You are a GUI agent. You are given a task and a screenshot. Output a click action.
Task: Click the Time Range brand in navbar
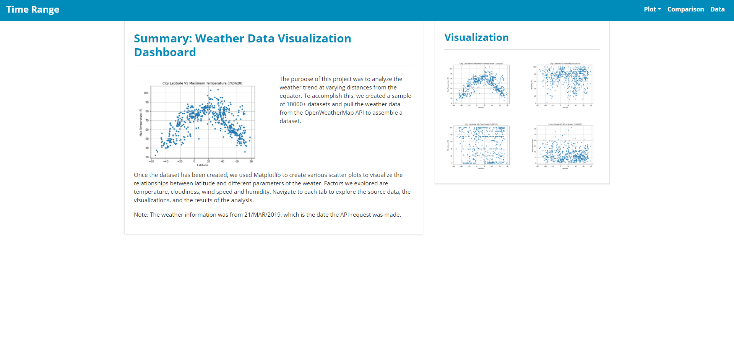(32, 10)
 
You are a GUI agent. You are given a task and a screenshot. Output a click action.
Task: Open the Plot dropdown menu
(652, 9)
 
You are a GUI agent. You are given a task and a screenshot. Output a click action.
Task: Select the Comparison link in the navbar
(685, 9)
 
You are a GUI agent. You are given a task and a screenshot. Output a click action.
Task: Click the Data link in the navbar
(717, 9)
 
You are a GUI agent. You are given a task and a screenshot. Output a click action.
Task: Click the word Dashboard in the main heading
(165, 52)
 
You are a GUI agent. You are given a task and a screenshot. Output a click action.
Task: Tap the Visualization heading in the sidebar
(476, 37)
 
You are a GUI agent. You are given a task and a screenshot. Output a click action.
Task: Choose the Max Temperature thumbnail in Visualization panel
(481, 85)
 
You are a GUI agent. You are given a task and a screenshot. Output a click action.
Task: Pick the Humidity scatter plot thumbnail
(564, 85)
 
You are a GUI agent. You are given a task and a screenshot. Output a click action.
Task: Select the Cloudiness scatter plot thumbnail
(481, 146)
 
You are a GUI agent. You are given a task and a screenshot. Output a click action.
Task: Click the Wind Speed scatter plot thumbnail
(564, 146)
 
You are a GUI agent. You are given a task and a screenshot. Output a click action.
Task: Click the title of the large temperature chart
(202, 83)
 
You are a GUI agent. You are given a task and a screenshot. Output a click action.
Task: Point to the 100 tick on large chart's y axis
(146, 93)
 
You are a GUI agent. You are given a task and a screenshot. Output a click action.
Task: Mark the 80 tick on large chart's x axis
(251, 161)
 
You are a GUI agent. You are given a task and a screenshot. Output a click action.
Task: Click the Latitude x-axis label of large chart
(202, 165)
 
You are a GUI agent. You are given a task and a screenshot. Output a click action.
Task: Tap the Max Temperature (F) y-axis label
(141, 122)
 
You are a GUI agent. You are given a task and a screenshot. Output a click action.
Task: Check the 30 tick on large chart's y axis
(147, 157)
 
